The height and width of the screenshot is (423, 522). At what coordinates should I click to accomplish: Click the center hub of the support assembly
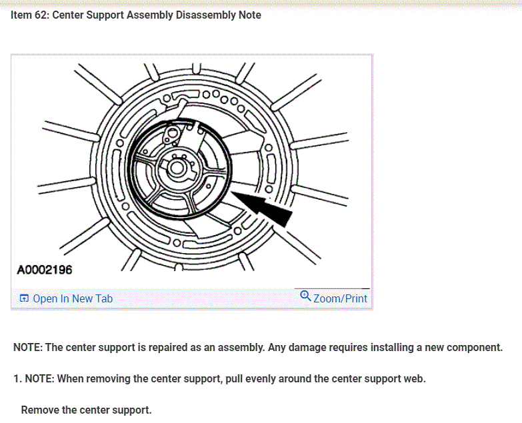point(177,167)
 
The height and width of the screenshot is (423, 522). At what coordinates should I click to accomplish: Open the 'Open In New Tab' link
point(73,298)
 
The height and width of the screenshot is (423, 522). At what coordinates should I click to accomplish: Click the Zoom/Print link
point(340,298)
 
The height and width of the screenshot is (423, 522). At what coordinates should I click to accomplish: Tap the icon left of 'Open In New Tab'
point(24,298)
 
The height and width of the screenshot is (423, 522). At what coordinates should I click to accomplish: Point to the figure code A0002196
point(45,270)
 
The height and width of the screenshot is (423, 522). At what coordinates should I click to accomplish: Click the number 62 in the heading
point(41,15)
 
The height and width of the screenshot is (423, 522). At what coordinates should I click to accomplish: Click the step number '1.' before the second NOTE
point(17,378)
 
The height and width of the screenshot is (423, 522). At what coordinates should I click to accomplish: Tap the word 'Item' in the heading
point(21,15)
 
